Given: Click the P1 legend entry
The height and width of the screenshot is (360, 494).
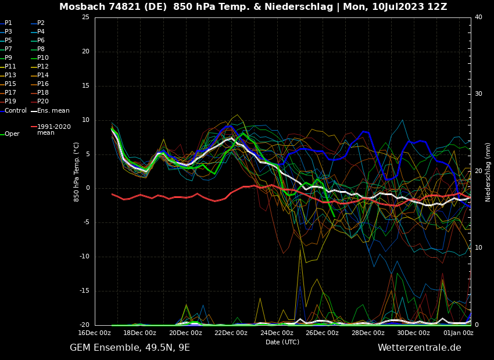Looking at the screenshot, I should coord(8,23).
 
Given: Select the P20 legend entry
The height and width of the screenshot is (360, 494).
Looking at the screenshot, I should coord(43,102).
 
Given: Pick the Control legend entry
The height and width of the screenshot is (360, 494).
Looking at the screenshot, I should coord(16,110).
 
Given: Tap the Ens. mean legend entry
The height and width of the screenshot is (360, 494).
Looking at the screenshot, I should coord(53,110).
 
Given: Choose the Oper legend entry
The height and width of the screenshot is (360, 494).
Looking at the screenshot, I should coord(12,134).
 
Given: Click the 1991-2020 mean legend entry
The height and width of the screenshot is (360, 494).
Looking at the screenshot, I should coord(53,129).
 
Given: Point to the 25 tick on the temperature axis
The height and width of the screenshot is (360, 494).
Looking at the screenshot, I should coord(85,17).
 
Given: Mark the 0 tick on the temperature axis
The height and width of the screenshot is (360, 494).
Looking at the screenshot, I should coord(87,188).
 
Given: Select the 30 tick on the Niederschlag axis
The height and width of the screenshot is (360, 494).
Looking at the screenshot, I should coord(478,94).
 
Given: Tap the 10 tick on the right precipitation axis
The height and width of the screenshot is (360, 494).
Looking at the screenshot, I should coord(478,248).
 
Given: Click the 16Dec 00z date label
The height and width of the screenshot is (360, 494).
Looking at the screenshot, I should coord(94,333).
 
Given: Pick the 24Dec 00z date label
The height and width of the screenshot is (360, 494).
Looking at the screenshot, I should coord(277,333).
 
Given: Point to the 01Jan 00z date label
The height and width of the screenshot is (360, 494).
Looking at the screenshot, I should coord(459,333).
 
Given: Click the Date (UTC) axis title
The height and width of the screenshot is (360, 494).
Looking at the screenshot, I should coord(282,342).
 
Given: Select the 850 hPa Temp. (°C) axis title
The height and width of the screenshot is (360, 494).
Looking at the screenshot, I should coord(77,171).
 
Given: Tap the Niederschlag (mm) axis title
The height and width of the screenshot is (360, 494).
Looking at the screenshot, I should coord(488,172).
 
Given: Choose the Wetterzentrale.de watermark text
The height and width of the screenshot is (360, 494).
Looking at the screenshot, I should coord(419,348).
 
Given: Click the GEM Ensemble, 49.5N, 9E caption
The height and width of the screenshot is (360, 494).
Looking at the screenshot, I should coord(130,348).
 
